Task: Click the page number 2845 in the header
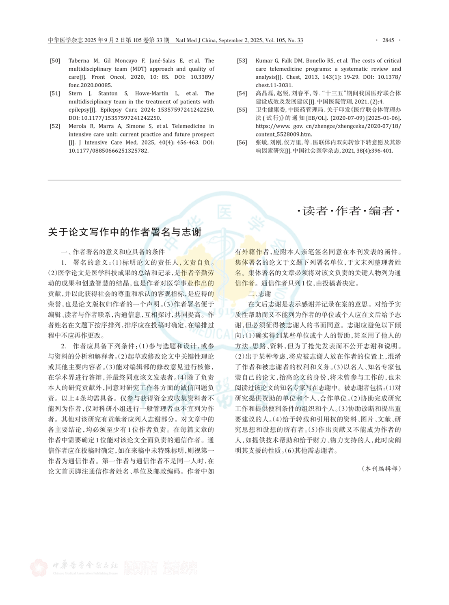[388, 40]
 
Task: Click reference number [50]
[55, 61]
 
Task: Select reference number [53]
[242, 61]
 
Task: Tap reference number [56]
[242, 143]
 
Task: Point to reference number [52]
[55, 126]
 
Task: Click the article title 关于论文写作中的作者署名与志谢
[125, 232]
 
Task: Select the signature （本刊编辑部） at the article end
[381, 469]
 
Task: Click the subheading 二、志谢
[259, 294]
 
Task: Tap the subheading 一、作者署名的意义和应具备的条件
[113, 252]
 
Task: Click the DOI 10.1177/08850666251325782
[108, 151]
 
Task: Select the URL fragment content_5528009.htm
[284, 134]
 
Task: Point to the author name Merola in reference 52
[78, 126]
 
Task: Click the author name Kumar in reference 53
[264, 61]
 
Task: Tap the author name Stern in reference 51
[76, 93]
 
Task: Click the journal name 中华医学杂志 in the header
[65, 40]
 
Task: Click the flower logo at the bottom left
[39, 567]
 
